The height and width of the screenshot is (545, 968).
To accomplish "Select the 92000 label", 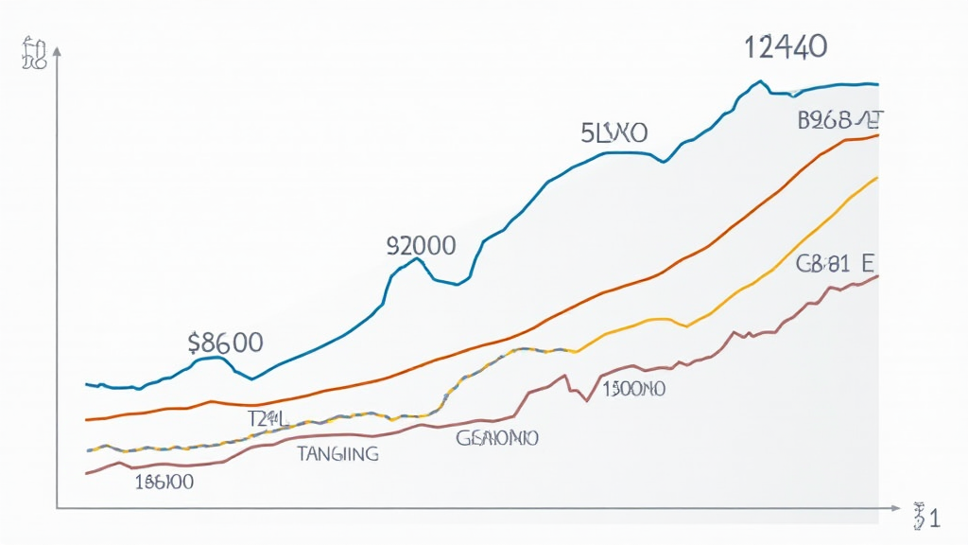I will tap(422, 247).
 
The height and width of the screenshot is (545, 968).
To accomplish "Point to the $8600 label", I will tap(226, 343).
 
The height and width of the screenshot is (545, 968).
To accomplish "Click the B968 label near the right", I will tap(840, 120).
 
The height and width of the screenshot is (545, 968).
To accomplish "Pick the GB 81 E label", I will tap(834, 265).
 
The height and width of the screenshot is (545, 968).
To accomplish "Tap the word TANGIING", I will tap(337, 454).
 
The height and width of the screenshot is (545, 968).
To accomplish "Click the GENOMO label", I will tap(497, 438).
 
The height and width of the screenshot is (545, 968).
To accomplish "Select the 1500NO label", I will tap(632, 388).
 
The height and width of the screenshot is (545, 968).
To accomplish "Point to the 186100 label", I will tap(164, 482).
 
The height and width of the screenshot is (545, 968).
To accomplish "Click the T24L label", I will tap(267, 417).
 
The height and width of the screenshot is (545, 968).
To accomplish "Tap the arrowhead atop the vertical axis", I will tap(59, 53).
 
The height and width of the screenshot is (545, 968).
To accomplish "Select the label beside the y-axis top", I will tap(32, 55).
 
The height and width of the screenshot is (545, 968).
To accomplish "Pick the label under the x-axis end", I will tap(925, 517).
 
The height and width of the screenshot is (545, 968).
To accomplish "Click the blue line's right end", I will tap(878, 84).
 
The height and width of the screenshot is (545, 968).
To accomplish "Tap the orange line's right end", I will tap(878, 135).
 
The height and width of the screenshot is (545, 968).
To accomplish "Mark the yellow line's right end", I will tap(878, 177).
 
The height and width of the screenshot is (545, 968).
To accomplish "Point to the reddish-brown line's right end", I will tap(878, 275).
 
